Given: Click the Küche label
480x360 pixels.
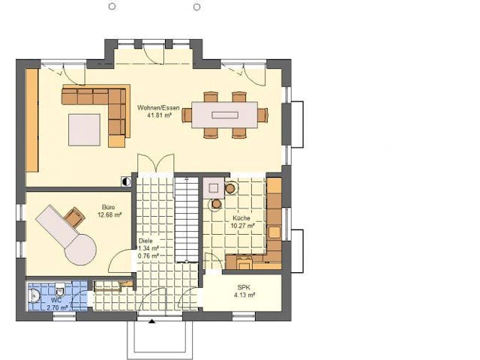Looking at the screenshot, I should tap(241, 217).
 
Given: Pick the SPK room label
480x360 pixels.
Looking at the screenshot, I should tap(243, 287).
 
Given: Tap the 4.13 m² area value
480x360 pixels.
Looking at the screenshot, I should tap(243, 295).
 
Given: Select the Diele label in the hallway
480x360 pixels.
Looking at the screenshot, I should tap(145, 241).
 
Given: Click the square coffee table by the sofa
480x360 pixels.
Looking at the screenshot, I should tap(85, 129).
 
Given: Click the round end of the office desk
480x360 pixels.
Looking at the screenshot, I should tap(79, 248).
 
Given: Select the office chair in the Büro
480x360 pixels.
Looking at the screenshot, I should tap(74, 217).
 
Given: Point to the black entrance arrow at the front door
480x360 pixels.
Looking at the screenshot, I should tap(152, 322).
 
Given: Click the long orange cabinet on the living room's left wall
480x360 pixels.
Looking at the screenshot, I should tap(32, 119).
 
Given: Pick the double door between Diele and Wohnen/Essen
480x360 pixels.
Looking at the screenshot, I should tap(155, 165).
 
